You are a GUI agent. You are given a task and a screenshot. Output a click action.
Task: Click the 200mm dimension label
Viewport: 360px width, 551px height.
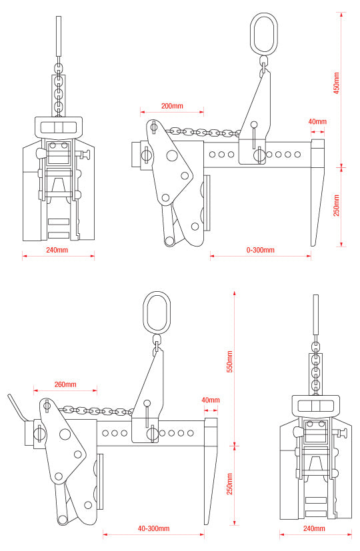click(x=171, y=106)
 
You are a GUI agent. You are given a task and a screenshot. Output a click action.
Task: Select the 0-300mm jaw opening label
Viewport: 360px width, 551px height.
click(x=260, y=250)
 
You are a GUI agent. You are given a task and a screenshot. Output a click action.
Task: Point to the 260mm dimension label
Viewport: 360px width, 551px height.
click(x=65, y=384)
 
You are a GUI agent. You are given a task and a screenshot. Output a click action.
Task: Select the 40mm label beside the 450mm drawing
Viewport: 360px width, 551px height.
click(x=317, y=122)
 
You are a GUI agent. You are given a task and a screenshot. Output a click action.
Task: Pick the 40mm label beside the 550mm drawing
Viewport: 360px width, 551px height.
click(x=210, y=400)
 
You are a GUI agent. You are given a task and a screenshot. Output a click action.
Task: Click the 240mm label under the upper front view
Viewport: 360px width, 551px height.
click(x=57, y=250)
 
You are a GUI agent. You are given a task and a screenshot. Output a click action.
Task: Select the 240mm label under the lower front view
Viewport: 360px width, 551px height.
click(x=314, y=528)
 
